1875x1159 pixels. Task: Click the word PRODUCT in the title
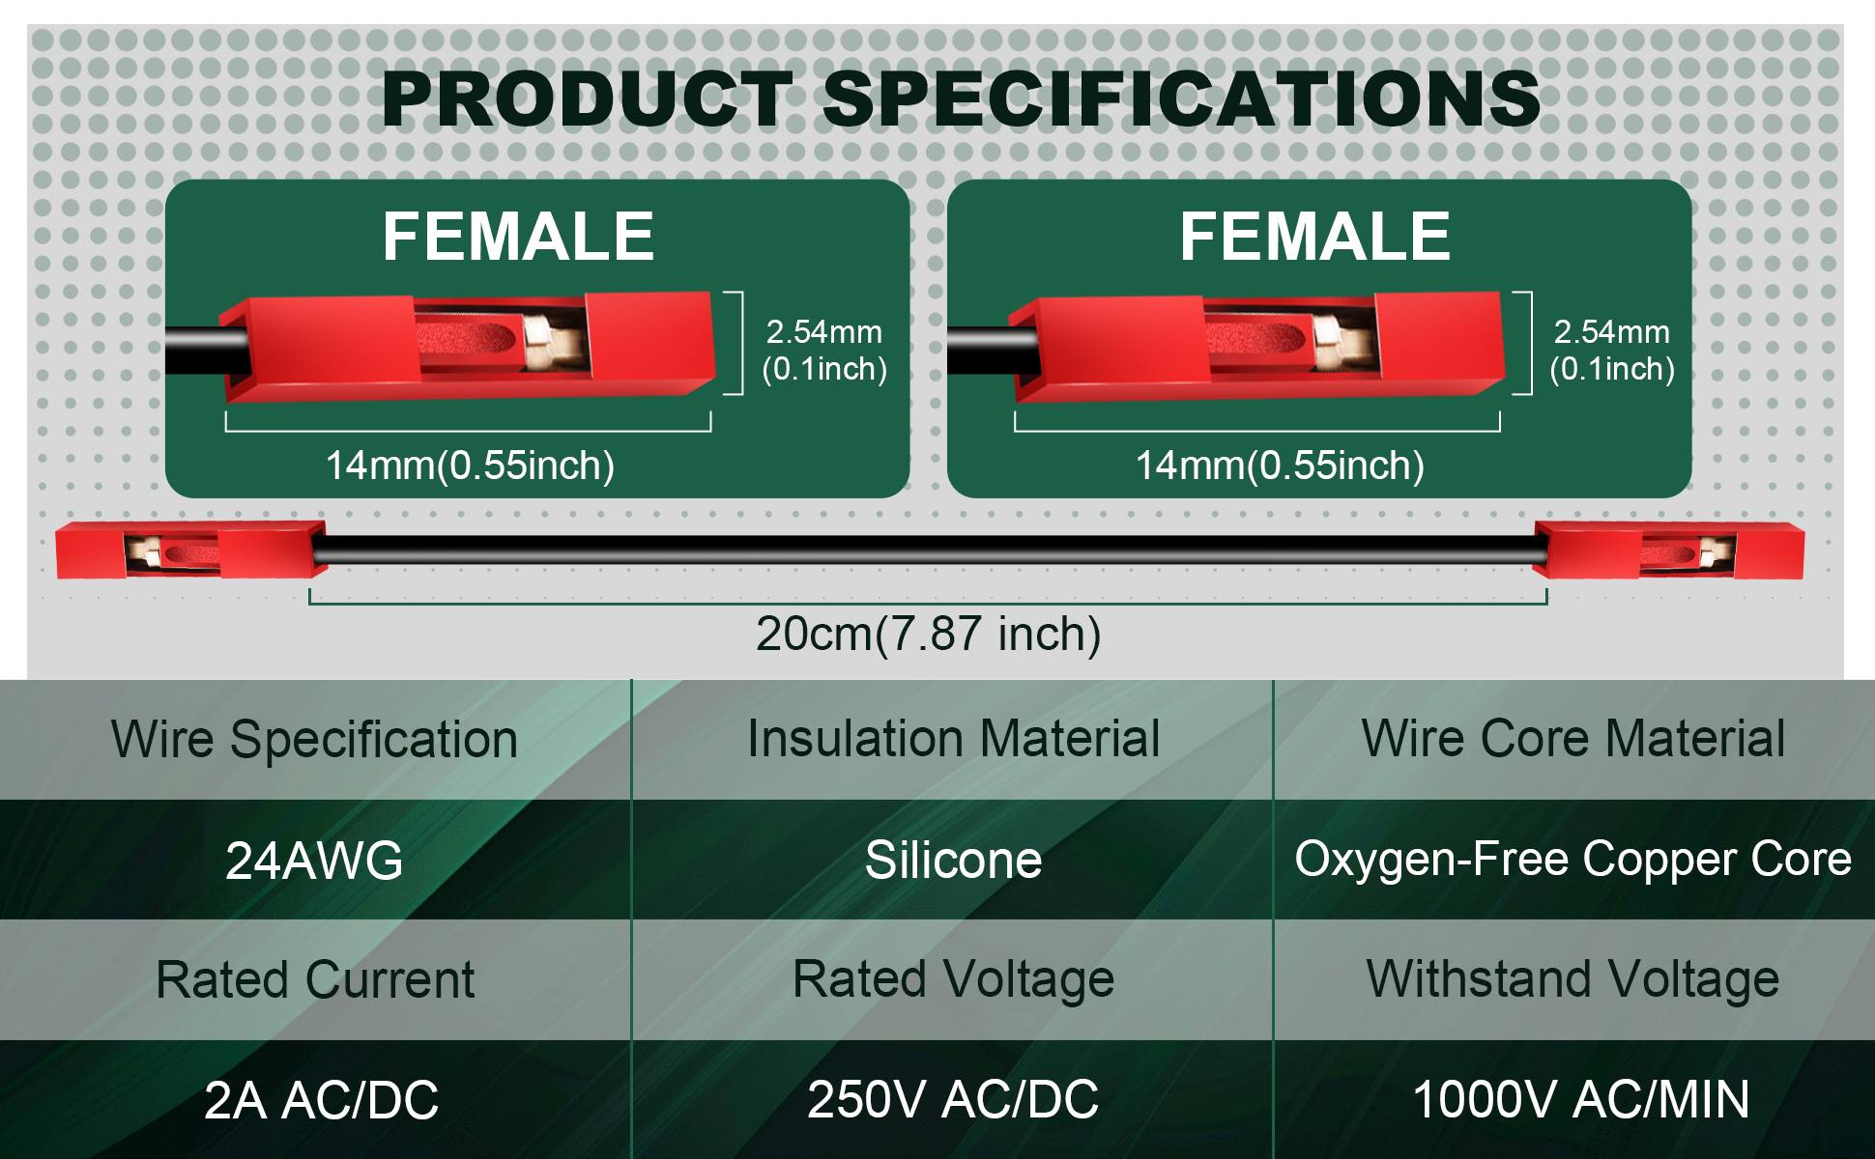(x=588, y=99)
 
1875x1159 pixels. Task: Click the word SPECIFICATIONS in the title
(x=1182, y=99)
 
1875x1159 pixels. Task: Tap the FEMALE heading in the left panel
(x=518, y=237)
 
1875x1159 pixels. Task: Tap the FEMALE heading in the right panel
(x=1314, y=237)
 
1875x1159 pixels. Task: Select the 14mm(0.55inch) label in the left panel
(x=470, y=466)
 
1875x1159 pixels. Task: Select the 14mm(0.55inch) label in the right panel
(x=1280, y=466)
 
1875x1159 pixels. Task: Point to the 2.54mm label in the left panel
(x=824, y=332)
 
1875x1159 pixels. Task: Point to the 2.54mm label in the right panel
(x=1612, y=332)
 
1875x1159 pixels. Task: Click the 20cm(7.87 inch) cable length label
(x=928, y=635)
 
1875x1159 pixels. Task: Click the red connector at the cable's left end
(x=189, y=551)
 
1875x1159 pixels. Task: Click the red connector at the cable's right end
(x=1669, y=551)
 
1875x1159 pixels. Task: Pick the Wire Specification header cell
(x=314, y=740)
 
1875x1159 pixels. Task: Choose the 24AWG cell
(x=314, y=861)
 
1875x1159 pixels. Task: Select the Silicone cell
(x=953, y=861)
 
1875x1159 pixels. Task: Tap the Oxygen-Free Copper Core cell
(x=1572, y=860)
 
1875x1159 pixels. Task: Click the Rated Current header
(x=314, y=980)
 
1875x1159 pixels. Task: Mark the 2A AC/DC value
(x=321, y=1100)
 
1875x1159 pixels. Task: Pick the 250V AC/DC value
(x=953, y=1100)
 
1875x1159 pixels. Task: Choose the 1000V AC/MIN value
(x=1581, y=1100)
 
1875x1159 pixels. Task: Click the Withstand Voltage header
(x=1572, y=980)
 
